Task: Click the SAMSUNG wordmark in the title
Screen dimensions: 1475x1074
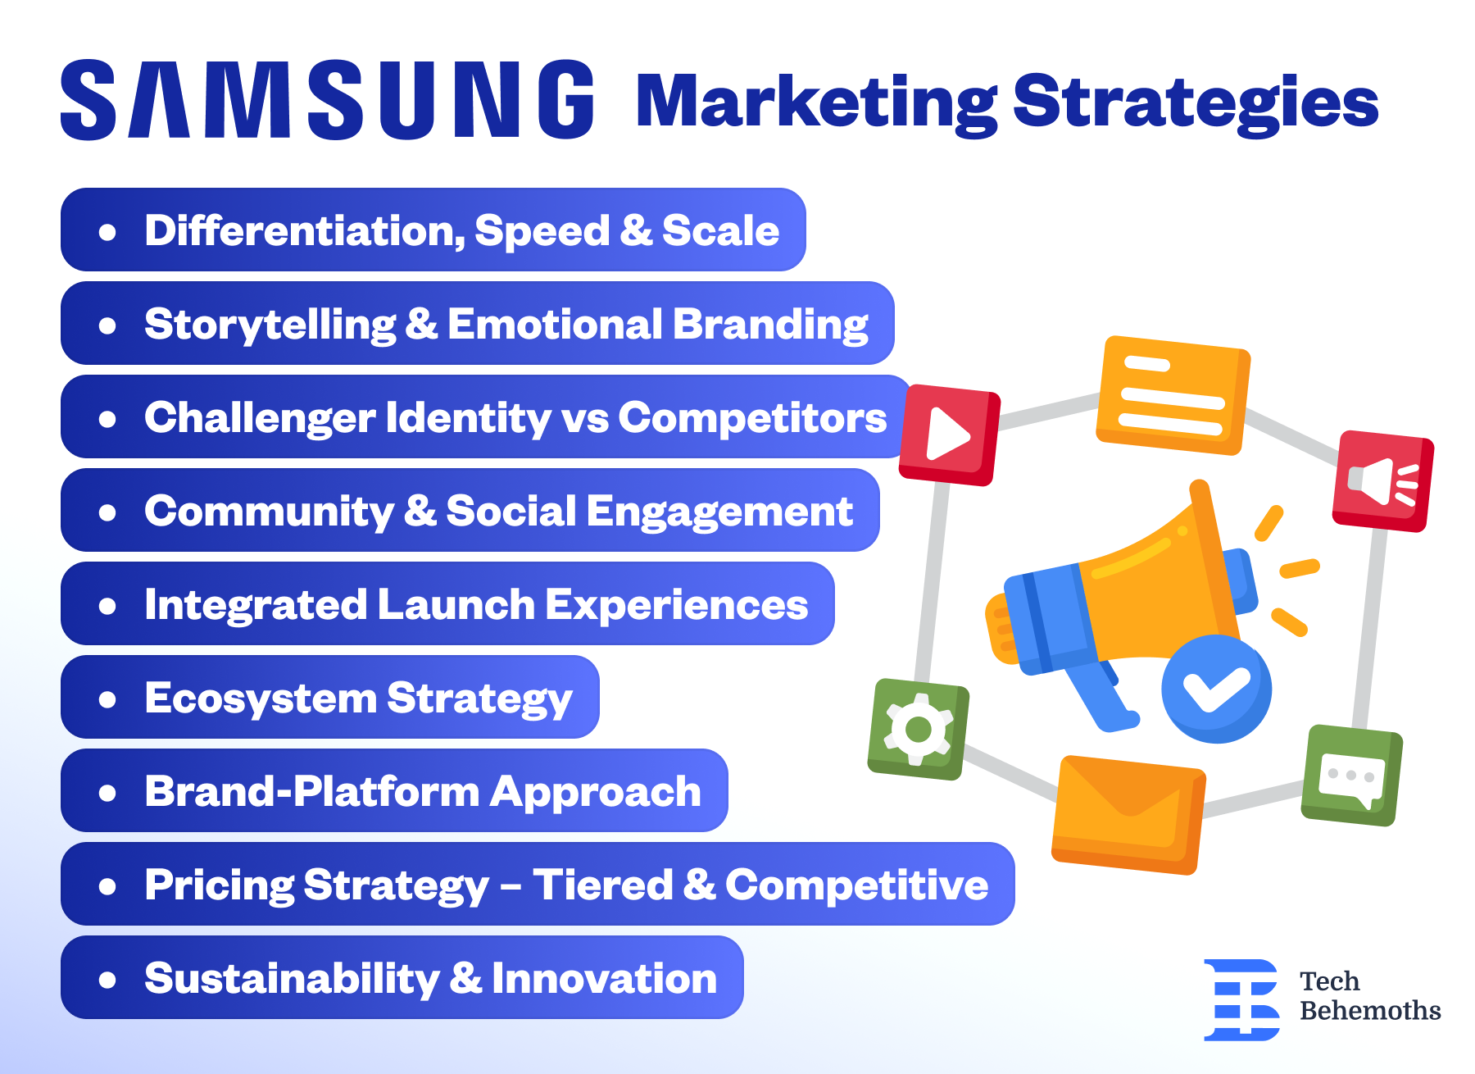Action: pyautogui.click(x=328, y=99)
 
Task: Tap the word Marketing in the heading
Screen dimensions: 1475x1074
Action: pyautogui.click(x=816, y=103)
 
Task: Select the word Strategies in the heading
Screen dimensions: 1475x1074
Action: pyautogui.click(x=1196, y=103)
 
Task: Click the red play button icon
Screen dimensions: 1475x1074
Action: pyautogui.click(x=950, y=435)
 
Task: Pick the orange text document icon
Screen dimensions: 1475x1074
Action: pyautogui.click(x=1173, y=394)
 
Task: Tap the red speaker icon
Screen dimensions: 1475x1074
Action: pyautogui.click(x=1383, y=481)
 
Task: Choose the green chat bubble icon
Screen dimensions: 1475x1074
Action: pyautogui.click(x=1352, y=775)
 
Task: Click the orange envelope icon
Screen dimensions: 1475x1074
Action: pyautogui.click(x=1129, y=814)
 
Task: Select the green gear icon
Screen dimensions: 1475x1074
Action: pyautogui.click(x=919, y=729)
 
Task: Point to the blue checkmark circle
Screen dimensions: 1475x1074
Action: pyautogui.click(x=1216, y=689)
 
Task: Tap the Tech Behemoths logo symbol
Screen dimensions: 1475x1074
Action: pyautogui.click(x=1241, y=999)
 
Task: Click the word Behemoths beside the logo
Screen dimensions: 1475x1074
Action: pyautogui.click(x=1370, y=1010)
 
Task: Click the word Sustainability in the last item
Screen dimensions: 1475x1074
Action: pyautogui.click(x=293, y=979)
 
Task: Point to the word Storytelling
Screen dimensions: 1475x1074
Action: pyautogui.click(x=270, y=325)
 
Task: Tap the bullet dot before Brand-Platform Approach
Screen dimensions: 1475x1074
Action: pyautogui.click(x=107, y=793)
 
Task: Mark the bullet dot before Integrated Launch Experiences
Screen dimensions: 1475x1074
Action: pyautogui.click(x=107, y=606)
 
